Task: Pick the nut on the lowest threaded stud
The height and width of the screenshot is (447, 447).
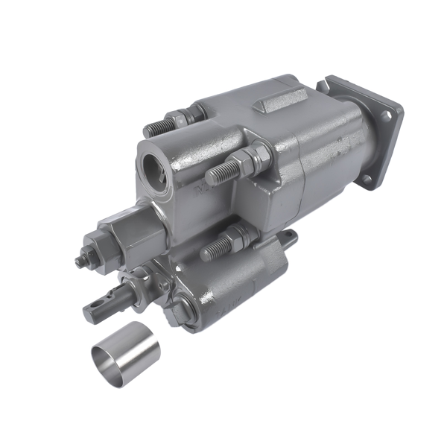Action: coord(237,235)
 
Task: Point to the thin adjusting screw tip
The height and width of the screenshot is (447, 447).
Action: coord(79,261)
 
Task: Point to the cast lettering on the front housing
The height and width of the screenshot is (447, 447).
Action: coord(203,190)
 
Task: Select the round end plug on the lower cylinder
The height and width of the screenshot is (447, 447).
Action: coord(182,306)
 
